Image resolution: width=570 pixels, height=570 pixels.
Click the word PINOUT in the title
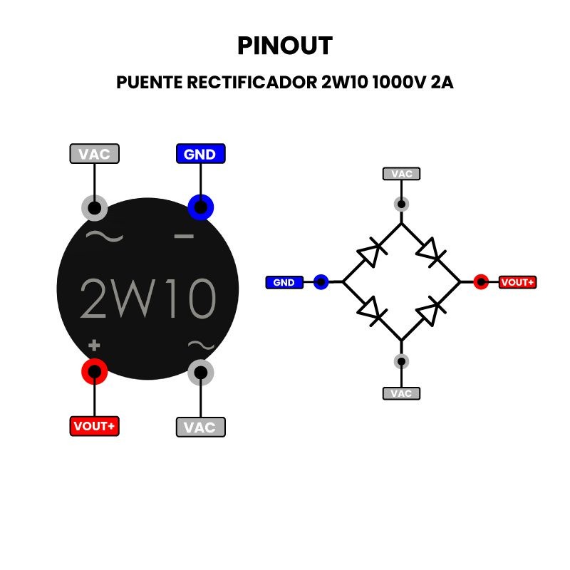point(284,46)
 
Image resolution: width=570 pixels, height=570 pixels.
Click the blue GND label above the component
point(200,154)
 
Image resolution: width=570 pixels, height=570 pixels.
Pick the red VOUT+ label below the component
point(94,426)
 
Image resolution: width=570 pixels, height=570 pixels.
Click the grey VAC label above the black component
point(94,154)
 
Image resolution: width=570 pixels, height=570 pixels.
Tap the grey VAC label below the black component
point(200,427)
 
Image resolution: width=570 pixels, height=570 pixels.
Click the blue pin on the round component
point(201,208)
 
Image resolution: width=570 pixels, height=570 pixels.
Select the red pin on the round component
point(94,371)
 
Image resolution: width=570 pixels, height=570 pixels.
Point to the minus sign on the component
point(184,236)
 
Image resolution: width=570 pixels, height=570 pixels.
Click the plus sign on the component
point(94,346)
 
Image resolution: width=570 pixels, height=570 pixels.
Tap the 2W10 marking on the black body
point(147,297)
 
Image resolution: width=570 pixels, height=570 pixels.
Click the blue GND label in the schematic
point(284,282)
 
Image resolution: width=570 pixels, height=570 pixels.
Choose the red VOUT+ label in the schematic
point(517,282)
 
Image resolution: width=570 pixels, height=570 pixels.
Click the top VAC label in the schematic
point(402,173)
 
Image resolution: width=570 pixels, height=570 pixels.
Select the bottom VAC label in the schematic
point(402,393)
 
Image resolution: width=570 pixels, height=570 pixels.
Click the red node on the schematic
point(481,282)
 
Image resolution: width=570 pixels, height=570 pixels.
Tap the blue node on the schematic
point(321,282)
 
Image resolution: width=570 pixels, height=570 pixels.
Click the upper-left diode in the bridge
point(370,253)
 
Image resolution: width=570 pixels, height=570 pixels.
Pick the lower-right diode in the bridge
point(431,311)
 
